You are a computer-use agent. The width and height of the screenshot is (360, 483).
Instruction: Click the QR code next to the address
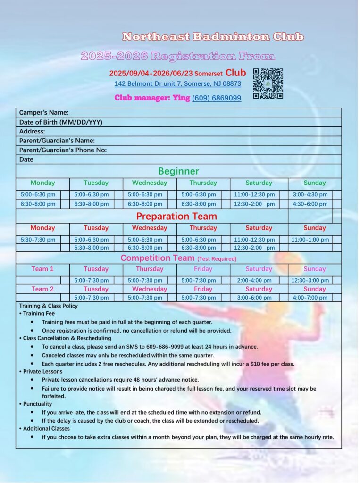pyautogui.click(x=268, y=83)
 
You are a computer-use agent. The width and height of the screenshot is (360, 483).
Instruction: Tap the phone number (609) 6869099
pyautogui.click(x=217, y=98)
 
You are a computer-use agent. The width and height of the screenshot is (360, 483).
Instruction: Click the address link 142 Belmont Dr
pyautogui.click(x=177, y=84)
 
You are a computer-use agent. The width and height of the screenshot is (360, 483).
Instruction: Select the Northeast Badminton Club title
pyautogui.click(x=213, y=37)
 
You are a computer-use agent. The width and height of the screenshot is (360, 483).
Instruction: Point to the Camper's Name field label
pyautogui.click(x=44, y=113)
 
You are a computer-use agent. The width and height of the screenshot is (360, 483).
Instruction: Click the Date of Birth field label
pyautogui.click(x=61, y=122)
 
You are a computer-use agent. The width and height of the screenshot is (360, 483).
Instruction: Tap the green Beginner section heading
pyautogui.click(x=178, y=171)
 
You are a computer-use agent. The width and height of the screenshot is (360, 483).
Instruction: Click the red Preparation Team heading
pyautogui.click(x=176, y=217)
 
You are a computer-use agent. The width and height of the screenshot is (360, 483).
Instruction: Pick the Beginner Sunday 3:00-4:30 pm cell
pyautogui.click(x=310, y=195)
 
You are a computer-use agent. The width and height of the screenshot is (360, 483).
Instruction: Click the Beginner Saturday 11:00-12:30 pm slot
pyautogui.click(x=254, y=195)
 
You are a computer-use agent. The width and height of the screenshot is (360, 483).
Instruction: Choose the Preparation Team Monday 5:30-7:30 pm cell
pyautogui.click(x=38, y=240)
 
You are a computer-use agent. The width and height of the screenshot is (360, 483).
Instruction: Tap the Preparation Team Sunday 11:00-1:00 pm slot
pyautogui.click(x=310, y=240)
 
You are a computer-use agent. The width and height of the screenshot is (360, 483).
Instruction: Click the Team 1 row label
pyautogui.click(x=42, y=269)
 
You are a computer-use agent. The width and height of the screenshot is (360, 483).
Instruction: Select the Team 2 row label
pyautogui.click(x=42, y=289)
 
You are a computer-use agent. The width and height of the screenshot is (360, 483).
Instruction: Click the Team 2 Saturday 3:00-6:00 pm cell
pyautogui.click(x=254, y=298)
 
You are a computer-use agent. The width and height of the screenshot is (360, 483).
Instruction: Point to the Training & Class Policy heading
pyautogui.click(x=48, y=306)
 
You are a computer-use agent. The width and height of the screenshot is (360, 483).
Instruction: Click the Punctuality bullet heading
pyautogui.click(x=37, y=404)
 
